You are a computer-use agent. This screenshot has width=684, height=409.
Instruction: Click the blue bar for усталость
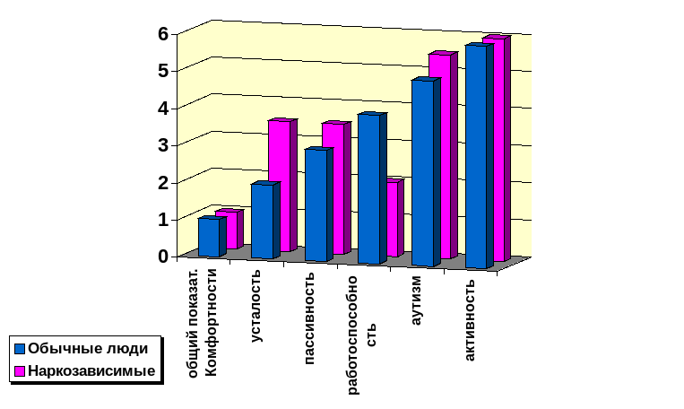click(263, 222)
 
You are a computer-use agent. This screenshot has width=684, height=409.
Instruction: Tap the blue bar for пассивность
click(316, 205)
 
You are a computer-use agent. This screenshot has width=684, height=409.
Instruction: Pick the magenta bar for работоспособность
click(394, 218)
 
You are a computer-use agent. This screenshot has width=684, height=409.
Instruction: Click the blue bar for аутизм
click(423, 173)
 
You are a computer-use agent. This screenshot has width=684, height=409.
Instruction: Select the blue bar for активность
click(476, 156)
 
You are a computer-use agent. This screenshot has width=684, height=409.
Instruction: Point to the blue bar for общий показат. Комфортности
click(208, 237)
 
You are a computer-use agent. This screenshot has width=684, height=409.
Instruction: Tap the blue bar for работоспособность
click(369, 189)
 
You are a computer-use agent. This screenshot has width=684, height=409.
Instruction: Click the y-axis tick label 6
click(163, 34)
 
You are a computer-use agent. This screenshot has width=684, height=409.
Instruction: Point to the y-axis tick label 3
click(163, 145)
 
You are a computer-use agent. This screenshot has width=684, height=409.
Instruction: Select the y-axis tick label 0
click(163, 257)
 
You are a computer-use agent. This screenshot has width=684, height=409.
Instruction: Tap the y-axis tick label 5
click(163, 71)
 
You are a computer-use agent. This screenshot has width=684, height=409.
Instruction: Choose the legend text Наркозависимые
click(92, 370)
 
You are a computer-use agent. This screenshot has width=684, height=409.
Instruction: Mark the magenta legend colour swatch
click(20, 370)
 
